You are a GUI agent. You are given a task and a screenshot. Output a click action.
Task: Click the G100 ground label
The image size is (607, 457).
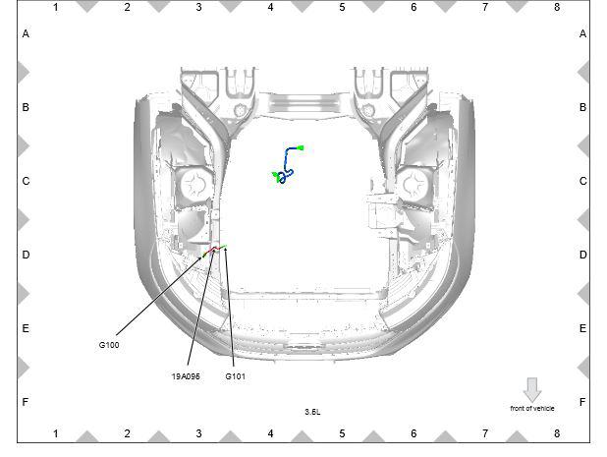[x=109, y=345]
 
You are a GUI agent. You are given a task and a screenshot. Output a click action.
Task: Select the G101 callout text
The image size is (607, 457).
[x=236, y=376]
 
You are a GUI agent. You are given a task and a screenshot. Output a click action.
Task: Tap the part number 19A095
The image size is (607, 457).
[x=186, y=376]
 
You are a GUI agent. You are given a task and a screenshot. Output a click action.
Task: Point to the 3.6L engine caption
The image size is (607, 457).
[x=312, y=412]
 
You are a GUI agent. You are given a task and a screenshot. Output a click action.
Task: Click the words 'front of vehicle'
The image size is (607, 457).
[x=532, y=408]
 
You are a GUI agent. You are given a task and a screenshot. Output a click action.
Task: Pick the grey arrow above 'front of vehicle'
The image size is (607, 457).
[x=532, y=389]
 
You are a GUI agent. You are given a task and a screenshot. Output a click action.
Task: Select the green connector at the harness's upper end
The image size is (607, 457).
[x=301, y=148]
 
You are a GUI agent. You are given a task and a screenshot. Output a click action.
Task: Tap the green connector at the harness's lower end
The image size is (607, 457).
[x=276, y=176]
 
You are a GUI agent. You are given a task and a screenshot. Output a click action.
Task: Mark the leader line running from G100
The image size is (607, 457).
[x=159, y=295]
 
